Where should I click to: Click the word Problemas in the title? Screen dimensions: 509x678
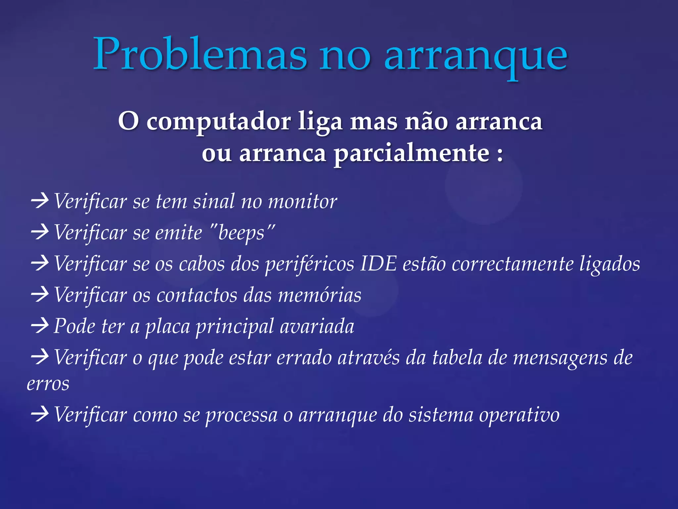click(x=200, y=55)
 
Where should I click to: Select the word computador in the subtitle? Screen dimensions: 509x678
click(x=218, y=122)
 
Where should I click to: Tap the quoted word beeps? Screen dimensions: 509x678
click(x=242, y=233)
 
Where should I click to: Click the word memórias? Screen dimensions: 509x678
click(x=319, y=295)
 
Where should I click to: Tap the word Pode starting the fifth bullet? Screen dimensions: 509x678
click(x=74, y=326)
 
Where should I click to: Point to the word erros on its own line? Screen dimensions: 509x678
click(x=48, y=384)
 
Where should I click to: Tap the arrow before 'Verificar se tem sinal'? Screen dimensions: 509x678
click(x=40, y=201)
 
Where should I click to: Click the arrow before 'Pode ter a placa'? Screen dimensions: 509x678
click(x=40, y=326)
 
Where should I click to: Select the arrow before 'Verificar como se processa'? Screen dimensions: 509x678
click(x=40, y=414)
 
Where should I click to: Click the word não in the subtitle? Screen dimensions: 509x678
click(x=427, y=122)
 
